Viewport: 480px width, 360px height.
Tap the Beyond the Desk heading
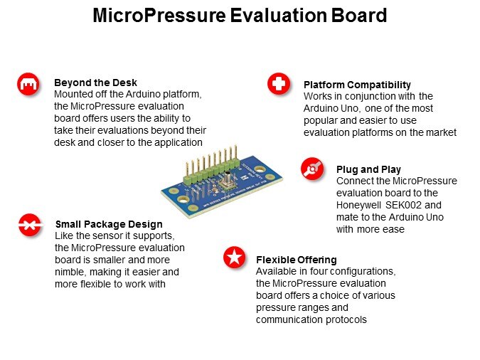coord(95,83)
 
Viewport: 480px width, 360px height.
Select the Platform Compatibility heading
coord(357,85)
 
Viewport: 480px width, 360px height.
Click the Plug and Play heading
coord(368,169)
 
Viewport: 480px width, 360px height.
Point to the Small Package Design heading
coord(109,224)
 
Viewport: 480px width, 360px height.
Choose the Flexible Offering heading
coord(297,260)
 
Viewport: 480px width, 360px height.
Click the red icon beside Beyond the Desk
coord(28,84)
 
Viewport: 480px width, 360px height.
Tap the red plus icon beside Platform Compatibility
coord(279,83)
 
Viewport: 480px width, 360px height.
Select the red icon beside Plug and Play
coord(312,169)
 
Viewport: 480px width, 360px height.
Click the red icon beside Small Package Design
coord(29,226)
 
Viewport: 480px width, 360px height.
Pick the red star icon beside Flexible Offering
coord(234,257)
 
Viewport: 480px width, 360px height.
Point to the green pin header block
coord(211,174)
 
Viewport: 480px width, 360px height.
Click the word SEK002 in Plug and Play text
coord(403,205)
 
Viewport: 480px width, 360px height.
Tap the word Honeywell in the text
coord(358,206)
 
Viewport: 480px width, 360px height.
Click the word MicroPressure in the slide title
coord(159,16)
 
